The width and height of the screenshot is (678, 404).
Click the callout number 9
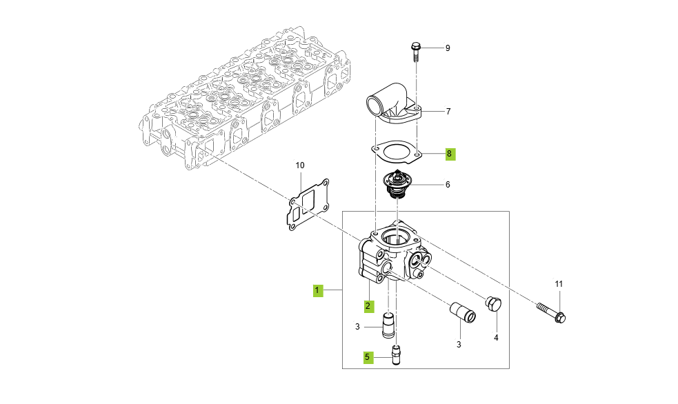click(x=447, y=48)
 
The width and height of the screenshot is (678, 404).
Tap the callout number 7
click(x=448, y=111)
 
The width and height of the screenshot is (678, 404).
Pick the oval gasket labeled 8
click(x=394, y=151)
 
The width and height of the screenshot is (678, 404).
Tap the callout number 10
click(x=299, y=165)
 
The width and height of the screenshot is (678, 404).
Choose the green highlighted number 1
click(x=317, y=290)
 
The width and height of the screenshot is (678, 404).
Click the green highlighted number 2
click(x=368, y=305)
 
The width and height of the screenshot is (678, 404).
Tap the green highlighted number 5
click(x=368, y=357)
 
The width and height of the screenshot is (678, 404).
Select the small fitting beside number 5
click(x=396, y=354)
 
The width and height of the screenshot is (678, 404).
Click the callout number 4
click(x=495, y=338)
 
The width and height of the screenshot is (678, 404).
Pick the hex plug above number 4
click(x=494, y=305)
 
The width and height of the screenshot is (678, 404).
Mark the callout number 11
click(x=559, y=284)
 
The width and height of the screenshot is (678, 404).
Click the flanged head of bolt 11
click(x=560, y=317)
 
